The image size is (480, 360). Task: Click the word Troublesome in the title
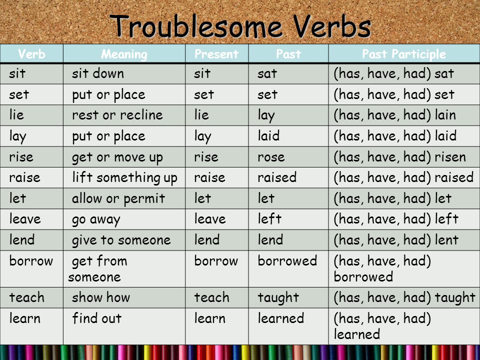(196, 26)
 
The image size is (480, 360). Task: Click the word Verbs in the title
(332, 26)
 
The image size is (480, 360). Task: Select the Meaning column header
(124, 54)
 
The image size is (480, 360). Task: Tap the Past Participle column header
(404, 54)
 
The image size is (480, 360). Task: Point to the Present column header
(216, 54)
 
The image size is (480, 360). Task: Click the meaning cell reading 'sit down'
(98, 73)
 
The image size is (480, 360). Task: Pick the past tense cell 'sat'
(267, 74)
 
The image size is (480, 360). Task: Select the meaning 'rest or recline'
(117, 115)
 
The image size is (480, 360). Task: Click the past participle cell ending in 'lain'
(395, 115)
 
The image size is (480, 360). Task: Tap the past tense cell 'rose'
(271, 157)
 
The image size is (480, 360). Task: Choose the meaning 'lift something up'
(124, 178)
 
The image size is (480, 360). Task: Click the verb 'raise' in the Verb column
(24, 177)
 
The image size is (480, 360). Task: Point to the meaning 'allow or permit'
(118, 199)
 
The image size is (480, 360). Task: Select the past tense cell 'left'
(269, 219)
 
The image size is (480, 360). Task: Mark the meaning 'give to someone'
(121, 240)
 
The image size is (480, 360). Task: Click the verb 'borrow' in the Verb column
(31, 261)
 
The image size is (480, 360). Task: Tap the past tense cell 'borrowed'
(287, 261)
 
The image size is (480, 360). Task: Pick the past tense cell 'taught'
(278, 298)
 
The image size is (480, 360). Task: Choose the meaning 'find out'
(96, 318)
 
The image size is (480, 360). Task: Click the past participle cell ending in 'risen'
(400, 157)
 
